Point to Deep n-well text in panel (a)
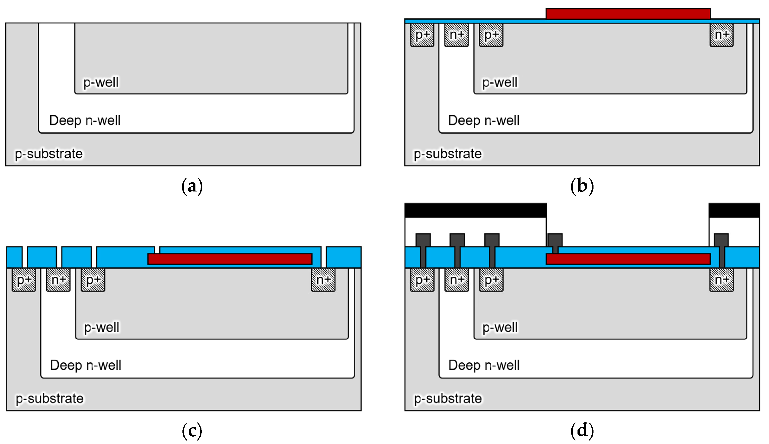85,120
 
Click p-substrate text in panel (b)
447,154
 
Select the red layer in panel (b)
628,14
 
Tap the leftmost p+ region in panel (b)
422,35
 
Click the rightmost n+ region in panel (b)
721,35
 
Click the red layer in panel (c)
230,259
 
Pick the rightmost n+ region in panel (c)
323,280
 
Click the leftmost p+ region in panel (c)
24,280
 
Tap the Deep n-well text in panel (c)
86,365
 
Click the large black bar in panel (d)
475,211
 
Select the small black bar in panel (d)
734,211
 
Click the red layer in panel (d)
628,259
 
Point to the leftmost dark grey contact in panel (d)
423,240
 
